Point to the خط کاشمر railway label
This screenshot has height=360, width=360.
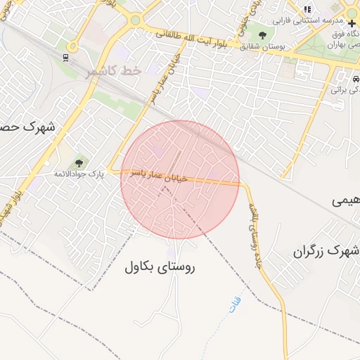click(x=114, y=72)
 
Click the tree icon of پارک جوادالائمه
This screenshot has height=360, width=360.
click(x=78, y=164)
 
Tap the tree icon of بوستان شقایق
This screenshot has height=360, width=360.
click(x=263, y=34)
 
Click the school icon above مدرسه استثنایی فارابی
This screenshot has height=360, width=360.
click(x=307, y=9)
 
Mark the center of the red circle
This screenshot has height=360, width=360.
click(x=180, y=180)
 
